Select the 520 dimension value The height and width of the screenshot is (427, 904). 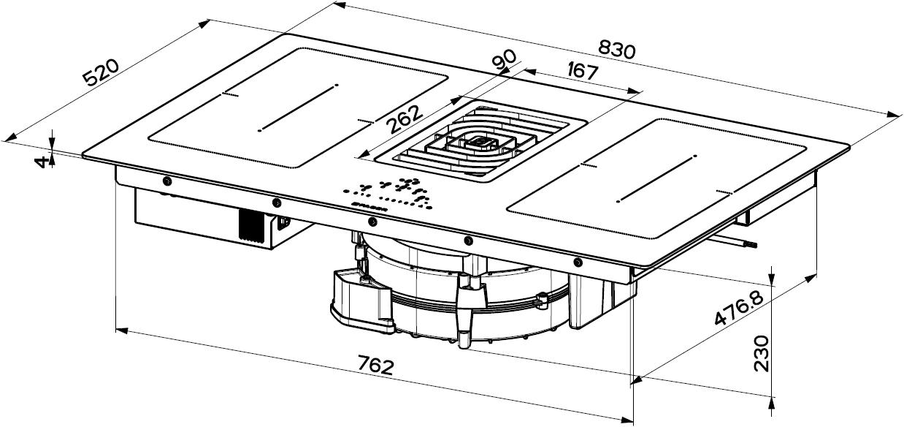(x=101, y=72)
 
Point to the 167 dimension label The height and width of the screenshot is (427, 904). (x=583, y=71)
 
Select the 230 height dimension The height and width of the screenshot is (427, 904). (x=762, y=352)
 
